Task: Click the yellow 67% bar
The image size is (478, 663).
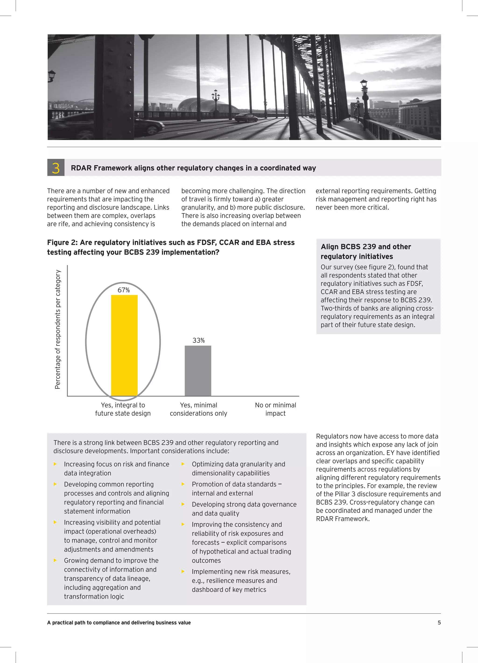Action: coord(124,345)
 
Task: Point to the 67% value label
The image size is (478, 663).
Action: coord(123,290)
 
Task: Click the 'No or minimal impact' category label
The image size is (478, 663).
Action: coord(275,409)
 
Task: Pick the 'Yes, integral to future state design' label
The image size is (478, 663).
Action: coord(123,409)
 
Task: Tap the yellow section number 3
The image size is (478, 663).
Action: coord(56,168)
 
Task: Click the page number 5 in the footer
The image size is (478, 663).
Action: coord(439,622)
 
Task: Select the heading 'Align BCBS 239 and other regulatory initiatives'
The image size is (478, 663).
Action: coord(366,251)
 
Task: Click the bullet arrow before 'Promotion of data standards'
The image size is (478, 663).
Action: coord(183,484)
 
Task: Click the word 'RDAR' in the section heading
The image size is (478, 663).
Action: coord(81,168)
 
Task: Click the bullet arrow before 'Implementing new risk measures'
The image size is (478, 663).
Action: coord(183,572)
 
